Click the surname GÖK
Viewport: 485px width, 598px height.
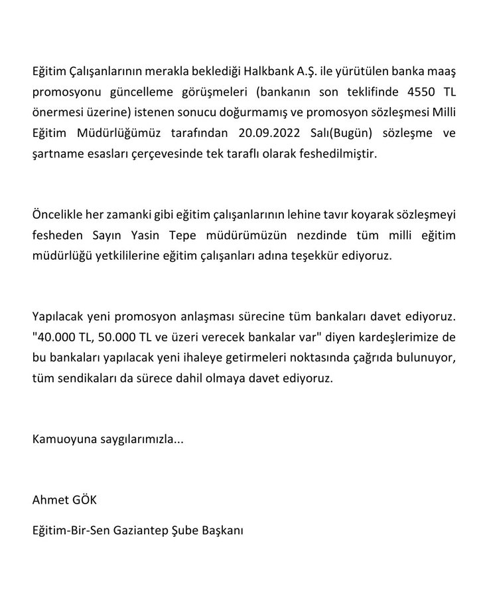pyautogui.click(x=86, y=499)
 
